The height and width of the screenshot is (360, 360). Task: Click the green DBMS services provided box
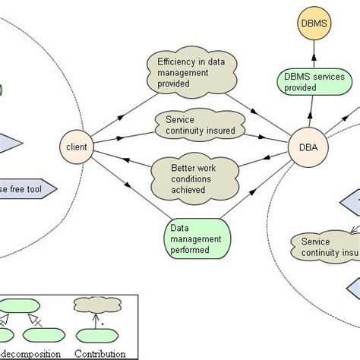tap(314, 82)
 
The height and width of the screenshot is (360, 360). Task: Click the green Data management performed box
tap(196, 239)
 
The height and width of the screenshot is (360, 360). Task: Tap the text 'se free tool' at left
tap(24, 188)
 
